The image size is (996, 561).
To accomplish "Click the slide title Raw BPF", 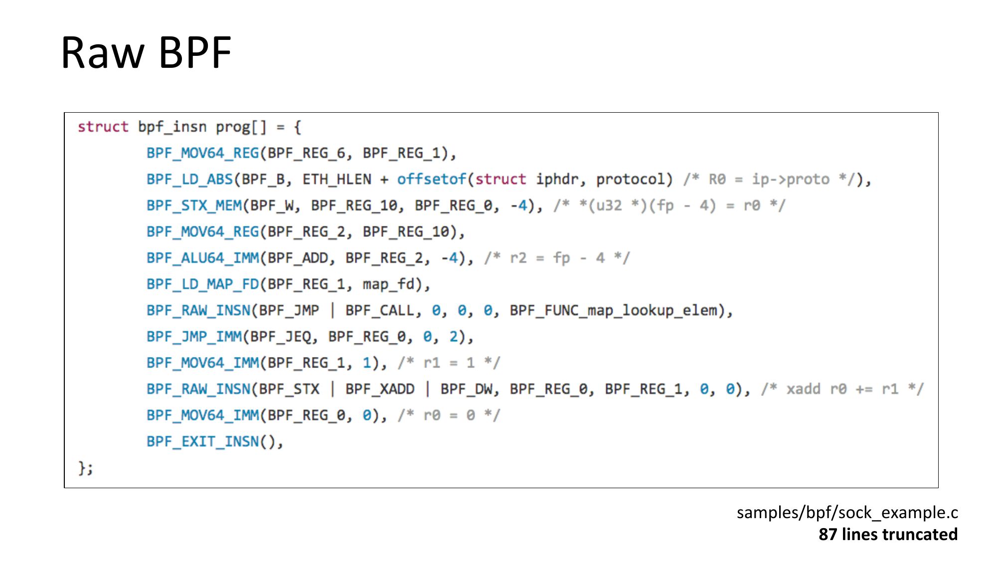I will (146, 52).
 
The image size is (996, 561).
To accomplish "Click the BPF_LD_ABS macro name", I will (189, 180).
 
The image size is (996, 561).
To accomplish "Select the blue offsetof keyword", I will (431, 180).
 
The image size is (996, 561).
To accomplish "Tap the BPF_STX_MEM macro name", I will (194, 205).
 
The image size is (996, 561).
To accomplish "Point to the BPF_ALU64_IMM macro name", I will (202, 258).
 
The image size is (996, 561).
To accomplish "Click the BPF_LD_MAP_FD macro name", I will (202, 284).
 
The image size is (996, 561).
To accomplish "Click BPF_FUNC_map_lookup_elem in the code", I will (614, 311).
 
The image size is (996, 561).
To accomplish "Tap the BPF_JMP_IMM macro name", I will (194, 337).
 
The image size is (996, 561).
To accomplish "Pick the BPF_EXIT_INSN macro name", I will (202, 442).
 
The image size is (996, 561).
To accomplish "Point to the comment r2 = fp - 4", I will (557, 258).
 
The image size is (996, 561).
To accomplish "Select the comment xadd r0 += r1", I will (842, 389).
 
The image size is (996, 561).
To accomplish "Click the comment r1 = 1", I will (449, 363).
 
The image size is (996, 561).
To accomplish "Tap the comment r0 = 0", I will (449, 415).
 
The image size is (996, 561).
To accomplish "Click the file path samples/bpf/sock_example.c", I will (847, 513).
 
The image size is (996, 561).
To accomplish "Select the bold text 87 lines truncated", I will (888, 535).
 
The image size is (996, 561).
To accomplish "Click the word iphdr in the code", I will (557, 180).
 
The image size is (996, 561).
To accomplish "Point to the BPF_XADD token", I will (380, 389).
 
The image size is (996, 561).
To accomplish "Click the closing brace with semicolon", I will (85, 468).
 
